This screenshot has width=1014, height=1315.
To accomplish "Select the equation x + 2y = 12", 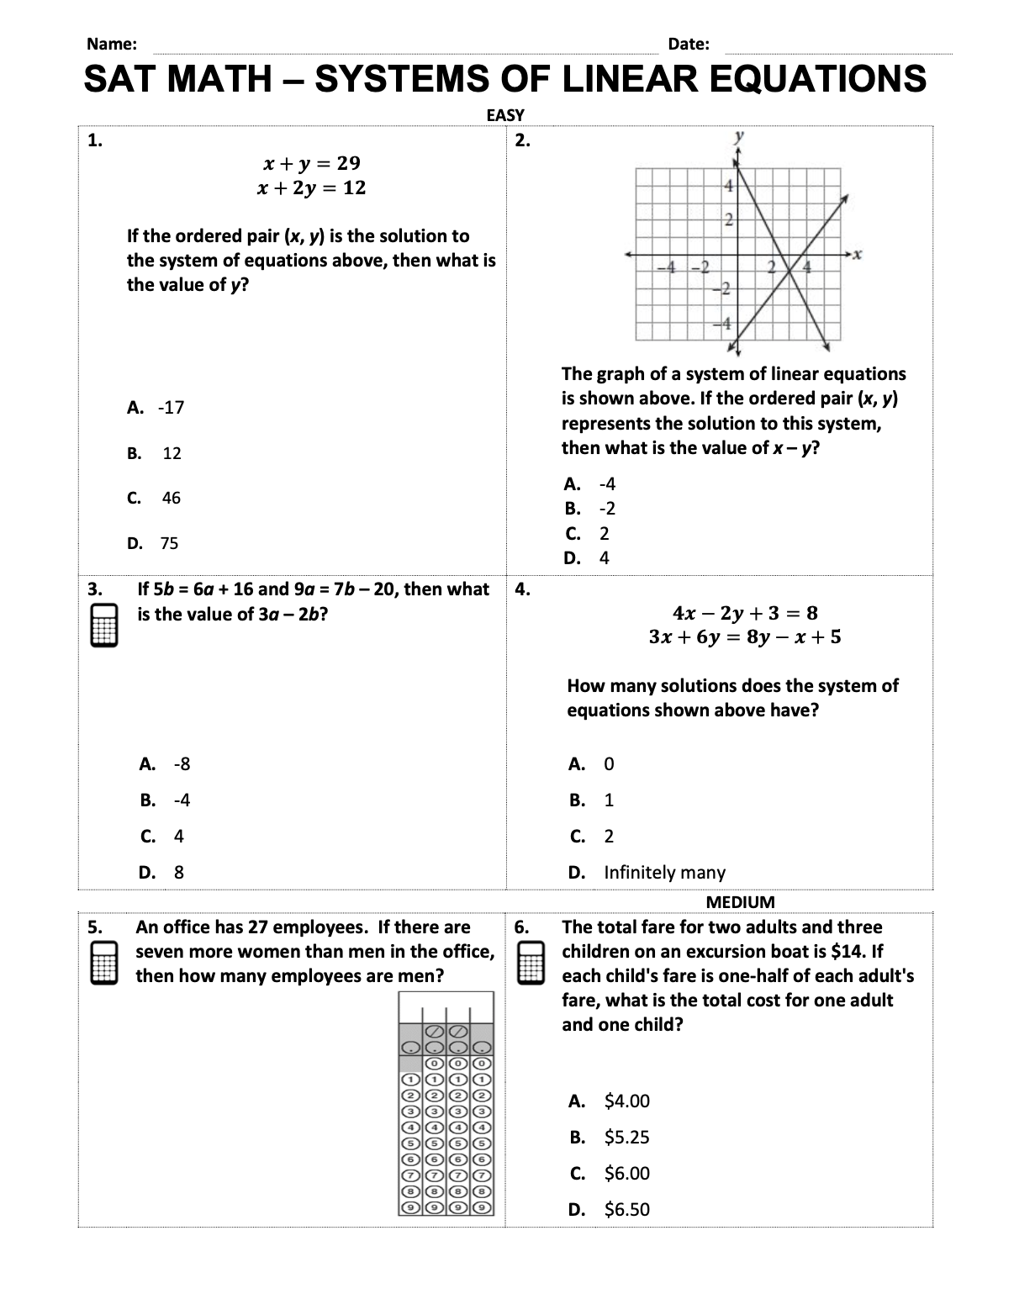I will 311,187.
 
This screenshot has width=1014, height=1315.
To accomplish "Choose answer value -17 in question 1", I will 172,408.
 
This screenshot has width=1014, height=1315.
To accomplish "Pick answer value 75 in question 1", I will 169,543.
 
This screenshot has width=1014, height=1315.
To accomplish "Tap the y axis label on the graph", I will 739,135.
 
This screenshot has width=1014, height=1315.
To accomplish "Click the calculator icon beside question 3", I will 104,626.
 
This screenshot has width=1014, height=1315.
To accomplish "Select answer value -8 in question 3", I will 182,763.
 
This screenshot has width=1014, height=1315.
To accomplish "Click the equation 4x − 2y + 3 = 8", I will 745,612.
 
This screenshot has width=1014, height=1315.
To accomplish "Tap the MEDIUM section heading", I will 740,902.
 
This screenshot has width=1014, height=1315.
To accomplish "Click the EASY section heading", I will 505,115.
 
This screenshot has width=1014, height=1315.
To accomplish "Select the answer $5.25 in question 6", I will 626,1137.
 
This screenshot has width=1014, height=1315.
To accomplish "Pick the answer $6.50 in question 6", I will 626,1209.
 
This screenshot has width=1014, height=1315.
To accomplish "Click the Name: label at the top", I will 112,45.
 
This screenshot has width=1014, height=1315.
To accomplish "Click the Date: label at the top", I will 689,45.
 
